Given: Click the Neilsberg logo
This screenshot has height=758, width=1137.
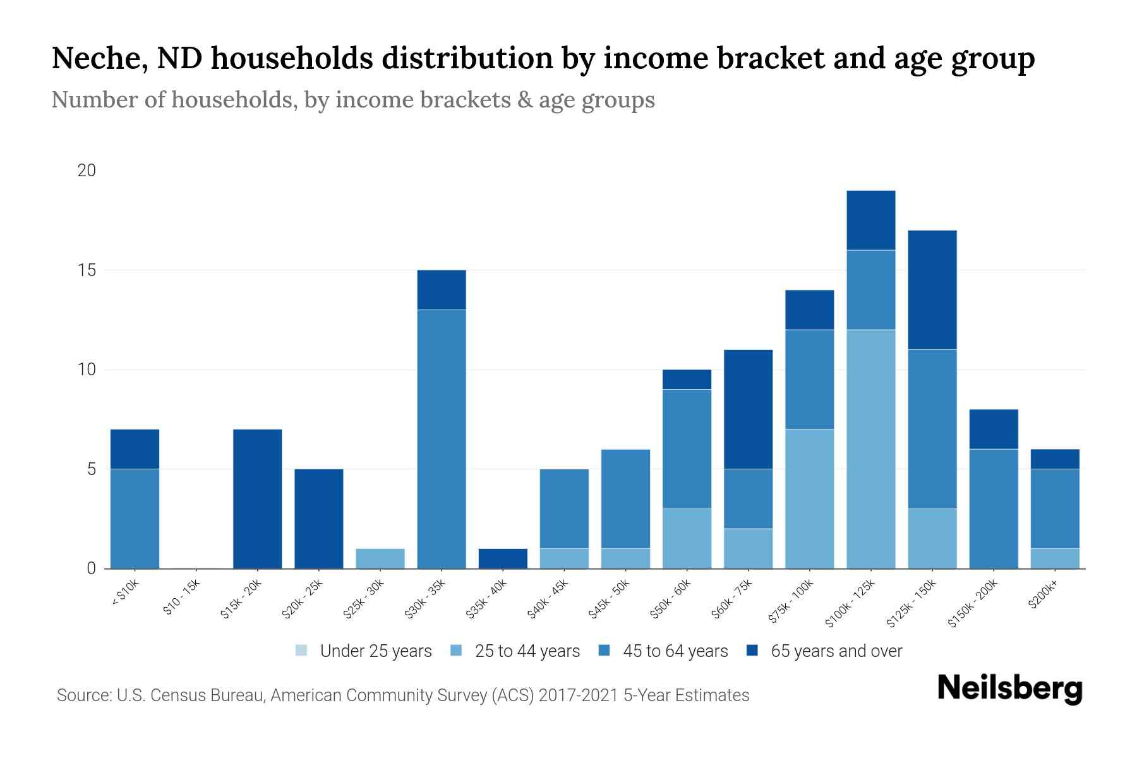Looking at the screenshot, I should tap(1009, 689).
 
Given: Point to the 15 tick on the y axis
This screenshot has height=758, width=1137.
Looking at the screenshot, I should tap(87, 270).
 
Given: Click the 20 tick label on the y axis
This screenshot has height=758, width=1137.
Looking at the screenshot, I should tap(87, 171).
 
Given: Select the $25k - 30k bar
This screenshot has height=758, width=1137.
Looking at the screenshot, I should tap(380, 558).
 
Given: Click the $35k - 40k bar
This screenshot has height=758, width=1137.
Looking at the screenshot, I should tap(503, 558).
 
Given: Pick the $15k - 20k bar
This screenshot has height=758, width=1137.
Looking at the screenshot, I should tap(258, 499).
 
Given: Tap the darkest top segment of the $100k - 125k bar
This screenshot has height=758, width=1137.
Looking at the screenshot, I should tap(871, 220).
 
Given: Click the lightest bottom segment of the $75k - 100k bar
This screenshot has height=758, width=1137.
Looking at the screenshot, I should tap(810, 499).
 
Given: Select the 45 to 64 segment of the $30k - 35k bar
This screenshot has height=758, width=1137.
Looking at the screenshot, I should tap(442, 439).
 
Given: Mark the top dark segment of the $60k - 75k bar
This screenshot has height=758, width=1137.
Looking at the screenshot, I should tap(749, 409).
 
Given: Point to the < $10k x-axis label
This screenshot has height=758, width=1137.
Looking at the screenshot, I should tap(125, 594).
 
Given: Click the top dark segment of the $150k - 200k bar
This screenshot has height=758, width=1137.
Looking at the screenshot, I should tap(994, 430).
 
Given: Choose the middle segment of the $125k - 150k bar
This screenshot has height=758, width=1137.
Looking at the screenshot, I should tap(932, 430).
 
